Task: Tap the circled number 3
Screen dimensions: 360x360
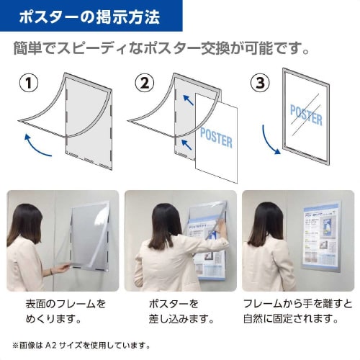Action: (x=260, y=83)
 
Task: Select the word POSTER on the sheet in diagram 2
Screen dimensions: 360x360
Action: (x=216, y=137)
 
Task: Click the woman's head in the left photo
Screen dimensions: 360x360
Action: (x=27, y=220)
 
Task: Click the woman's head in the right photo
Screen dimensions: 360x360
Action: (x=268, y=219)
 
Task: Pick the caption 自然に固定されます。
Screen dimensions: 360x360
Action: (x=291, y=318)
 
